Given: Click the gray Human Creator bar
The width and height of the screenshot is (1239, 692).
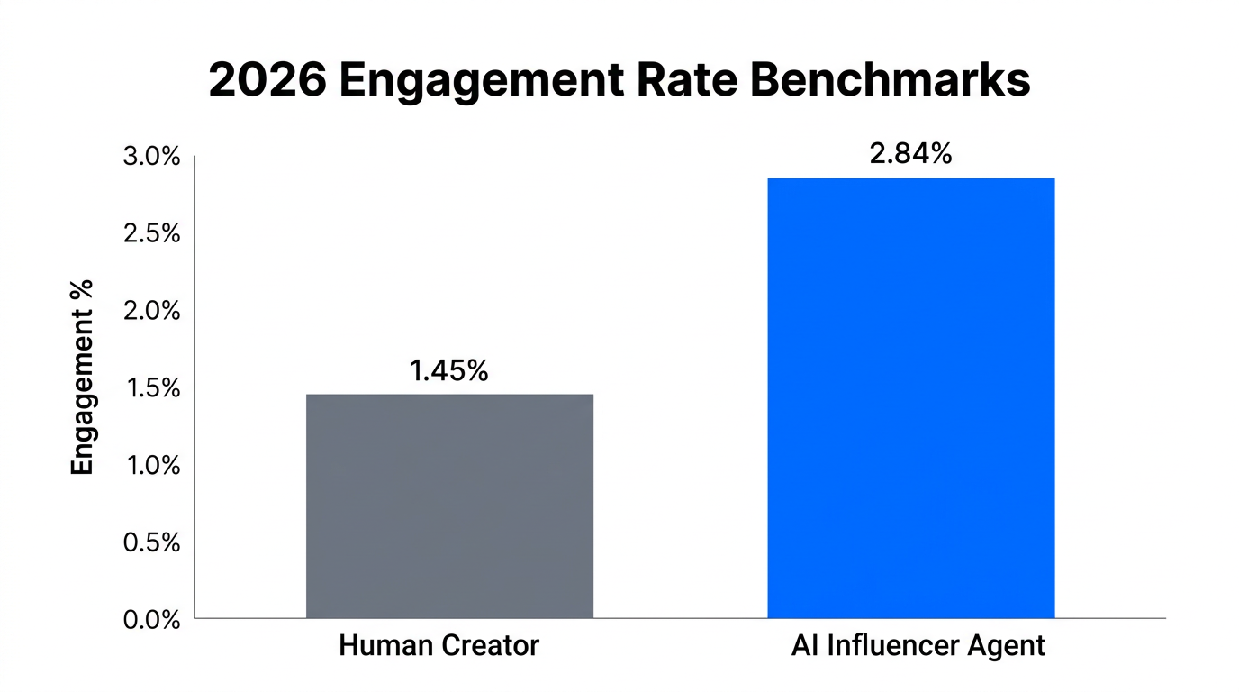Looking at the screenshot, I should click(x=449, y=505).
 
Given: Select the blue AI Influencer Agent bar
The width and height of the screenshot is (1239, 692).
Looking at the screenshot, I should click(x=910, y=397).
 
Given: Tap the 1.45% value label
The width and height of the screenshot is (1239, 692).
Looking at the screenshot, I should click(x=449, y=370).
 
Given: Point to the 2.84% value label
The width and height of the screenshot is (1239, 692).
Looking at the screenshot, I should click(x=910, y=154).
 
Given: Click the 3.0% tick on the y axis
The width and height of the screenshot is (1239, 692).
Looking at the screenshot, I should click(x=150, y=158).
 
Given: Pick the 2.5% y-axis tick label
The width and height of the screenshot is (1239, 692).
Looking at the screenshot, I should click(x=150, y=234).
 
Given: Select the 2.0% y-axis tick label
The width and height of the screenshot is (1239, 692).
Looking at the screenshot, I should click(x=150, y=312).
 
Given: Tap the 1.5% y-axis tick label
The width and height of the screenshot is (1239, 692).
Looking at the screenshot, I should click(x=150, y=389).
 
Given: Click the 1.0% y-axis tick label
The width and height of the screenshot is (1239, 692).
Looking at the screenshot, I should click(x=150, y=466).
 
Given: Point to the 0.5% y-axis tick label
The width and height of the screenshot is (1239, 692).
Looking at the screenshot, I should click(x=150, y=543).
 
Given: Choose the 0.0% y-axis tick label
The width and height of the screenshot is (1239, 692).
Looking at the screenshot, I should click(x=150, y=620).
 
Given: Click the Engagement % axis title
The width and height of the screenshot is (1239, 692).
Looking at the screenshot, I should click(x=83, y=377).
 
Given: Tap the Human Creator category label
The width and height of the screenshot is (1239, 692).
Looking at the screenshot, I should click(x=439, y=646).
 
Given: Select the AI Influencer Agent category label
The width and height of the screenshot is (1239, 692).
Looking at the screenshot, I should click(x=918, y=646).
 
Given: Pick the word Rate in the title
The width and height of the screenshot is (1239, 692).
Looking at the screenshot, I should click(x=681, y=81).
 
